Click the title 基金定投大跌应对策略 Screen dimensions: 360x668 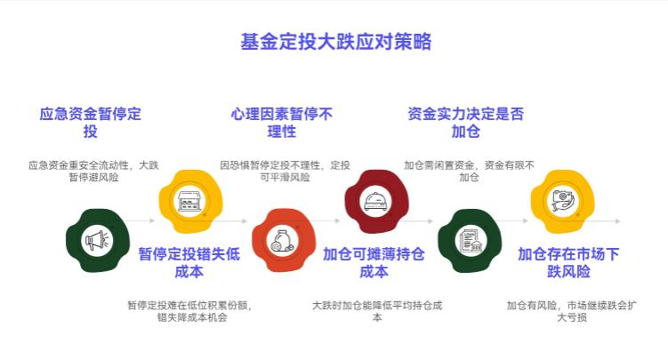[x=335, y=42]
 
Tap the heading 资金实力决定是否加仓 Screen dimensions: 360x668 [x=465, y=123]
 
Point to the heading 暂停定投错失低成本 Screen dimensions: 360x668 [x=189, y=262]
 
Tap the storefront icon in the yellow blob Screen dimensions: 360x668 [x=189, y=201]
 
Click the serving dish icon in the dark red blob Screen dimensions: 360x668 [x=374, y=201]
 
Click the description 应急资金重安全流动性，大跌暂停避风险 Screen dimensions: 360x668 [x=93, y=171]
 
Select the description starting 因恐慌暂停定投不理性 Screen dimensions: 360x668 [x=285, y=171]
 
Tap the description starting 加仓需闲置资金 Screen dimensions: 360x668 [x=469, y=171]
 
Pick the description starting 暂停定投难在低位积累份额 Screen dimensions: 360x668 [x=189, y=311]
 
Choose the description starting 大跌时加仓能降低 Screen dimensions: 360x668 [x=377, y=311]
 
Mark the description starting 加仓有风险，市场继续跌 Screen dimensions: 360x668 [x=571, y=311]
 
